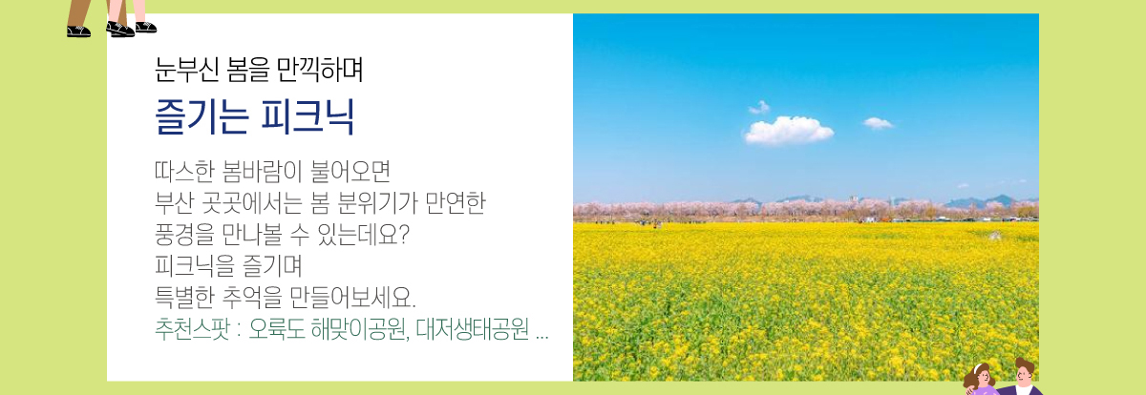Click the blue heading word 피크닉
click(308, 117)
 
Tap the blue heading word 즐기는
click(202, 117)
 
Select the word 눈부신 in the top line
click(187, 70)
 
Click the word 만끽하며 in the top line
click(319, 70)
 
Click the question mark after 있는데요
click(404, 235)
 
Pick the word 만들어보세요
click(352, 297)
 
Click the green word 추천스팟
click(192, 328)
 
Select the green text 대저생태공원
click(472, 328)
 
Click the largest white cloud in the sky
click(788, 131)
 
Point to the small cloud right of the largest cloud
click(878, 123)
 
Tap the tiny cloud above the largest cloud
click(759, 107)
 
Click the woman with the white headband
click(979, 380)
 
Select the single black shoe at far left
click(78, 31)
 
